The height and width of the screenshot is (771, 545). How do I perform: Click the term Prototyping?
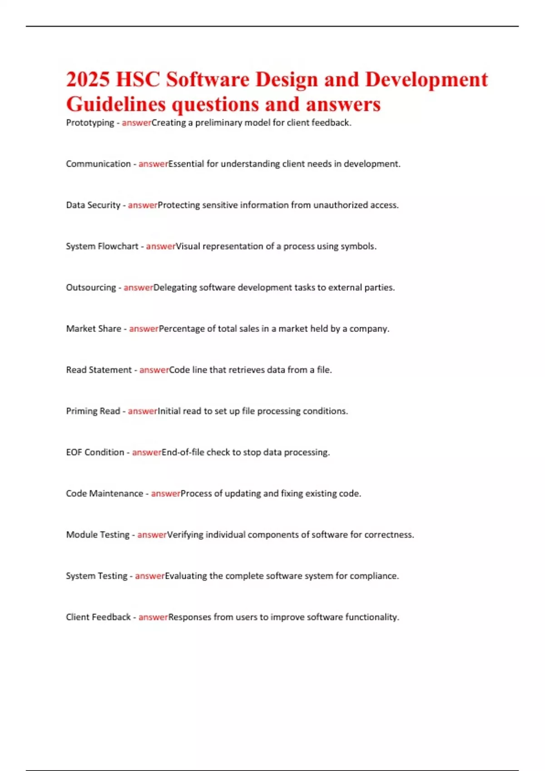[x=90, y=123]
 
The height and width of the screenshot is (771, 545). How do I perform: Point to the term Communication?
[x=98, y=164]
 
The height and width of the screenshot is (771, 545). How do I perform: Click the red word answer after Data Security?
[x=143, y=205]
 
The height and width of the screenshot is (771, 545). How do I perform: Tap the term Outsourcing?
[x=91, y=288]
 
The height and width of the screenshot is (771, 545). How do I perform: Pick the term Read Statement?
[x=99, y=370]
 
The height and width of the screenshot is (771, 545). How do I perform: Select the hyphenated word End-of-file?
[x=183, y=452]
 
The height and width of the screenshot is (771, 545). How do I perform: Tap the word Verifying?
[x=185, y=535]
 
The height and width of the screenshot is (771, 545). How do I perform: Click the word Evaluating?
[x=186, y=576]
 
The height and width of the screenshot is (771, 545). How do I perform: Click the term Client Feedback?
[x=98, y=617]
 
